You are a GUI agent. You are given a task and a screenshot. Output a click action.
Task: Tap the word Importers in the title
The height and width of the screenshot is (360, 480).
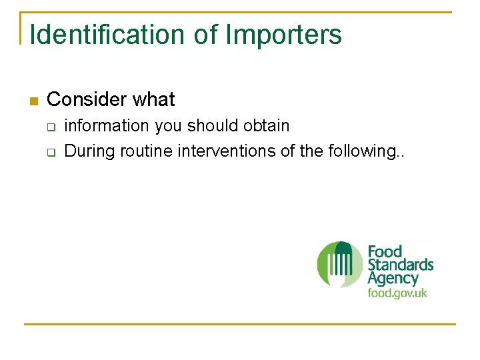pyautogui.click(x=283, y=35)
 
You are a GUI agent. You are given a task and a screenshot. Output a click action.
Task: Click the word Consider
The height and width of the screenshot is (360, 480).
pyautogui.click(x=87, y=100)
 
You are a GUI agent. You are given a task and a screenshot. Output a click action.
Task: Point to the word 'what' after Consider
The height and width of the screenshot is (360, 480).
pyautogui.click(x=153, y=100)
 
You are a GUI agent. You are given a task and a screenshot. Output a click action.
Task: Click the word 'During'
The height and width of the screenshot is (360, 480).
pyautogui.click(x=90, y=151)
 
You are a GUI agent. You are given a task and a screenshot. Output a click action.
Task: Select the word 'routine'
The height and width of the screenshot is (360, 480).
pyautogui.click(x=146, y=151)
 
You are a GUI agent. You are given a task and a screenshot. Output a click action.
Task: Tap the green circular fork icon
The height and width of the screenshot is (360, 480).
pyautogui.click(x=339, y=265)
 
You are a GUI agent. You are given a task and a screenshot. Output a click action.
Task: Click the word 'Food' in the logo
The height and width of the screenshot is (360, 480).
pyautogui.click(x=385, y=252)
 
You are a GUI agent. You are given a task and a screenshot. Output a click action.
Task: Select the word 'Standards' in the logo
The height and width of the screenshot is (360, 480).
pyautogui.click(x=401, y=265)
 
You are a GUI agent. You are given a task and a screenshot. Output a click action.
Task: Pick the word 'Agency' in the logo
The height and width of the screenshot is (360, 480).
pyautogui.click(x=393, y=279)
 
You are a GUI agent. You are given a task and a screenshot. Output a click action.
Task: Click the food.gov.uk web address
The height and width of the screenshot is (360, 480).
pyautogui.click(x=397, y=293)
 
